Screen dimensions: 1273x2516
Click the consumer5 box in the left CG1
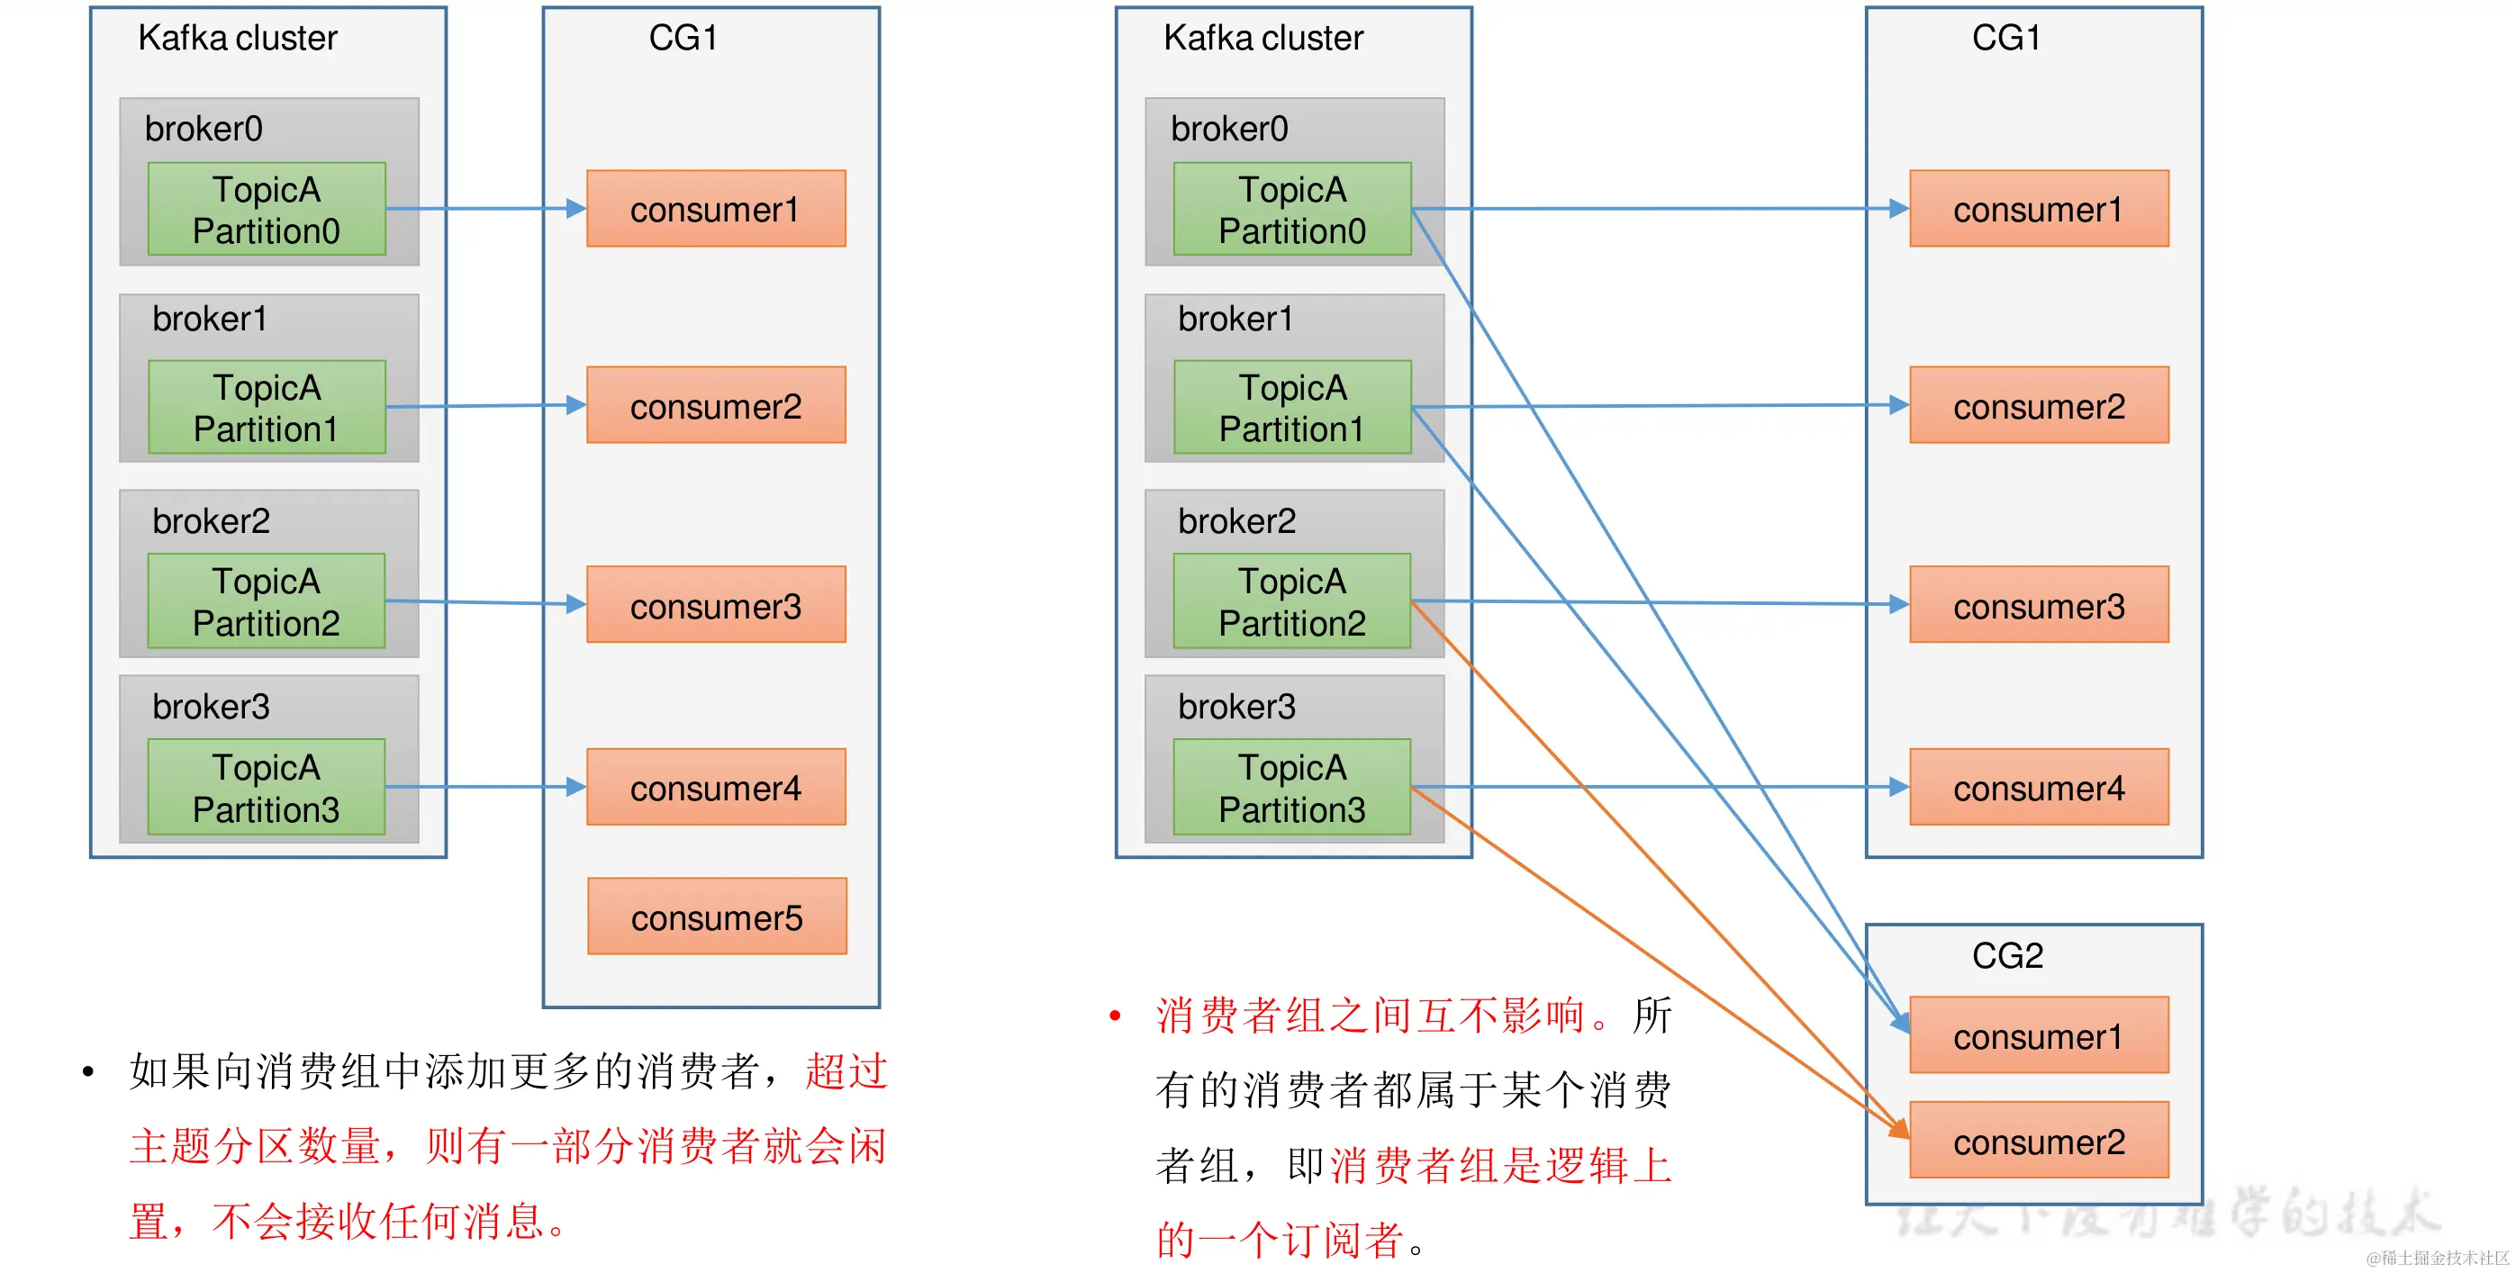click(717, 916)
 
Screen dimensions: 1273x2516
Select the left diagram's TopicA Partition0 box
click(267, 209)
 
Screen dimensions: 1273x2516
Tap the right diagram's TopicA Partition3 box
click(1291, 787)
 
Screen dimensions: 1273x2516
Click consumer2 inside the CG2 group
click(2039, 1141)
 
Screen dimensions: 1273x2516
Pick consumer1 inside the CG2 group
click(2039, 1034)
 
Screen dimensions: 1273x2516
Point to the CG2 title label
click(2007, 954)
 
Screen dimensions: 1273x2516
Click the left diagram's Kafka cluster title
click(238, 38)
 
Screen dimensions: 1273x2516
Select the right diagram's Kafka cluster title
click(1263, 38)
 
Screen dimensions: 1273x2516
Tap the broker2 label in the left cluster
click(211, 521)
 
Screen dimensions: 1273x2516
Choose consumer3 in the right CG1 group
click(2039, 605)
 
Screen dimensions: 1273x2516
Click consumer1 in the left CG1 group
click(715, 209)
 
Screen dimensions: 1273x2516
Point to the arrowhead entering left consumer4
click(576, 787)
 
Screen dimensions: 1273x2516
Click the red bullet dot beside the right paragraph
click(1116, 1016)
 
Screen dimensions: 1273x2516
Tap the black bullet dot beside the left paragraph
click(89, 1072)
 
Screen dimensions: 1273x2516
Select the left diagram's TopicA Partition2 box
click(267, 601)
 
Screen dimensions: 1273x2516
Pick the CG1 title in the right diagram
click(2006, 38)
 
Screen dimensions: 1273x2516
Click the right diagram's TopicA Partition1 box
click(1292, 407)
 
